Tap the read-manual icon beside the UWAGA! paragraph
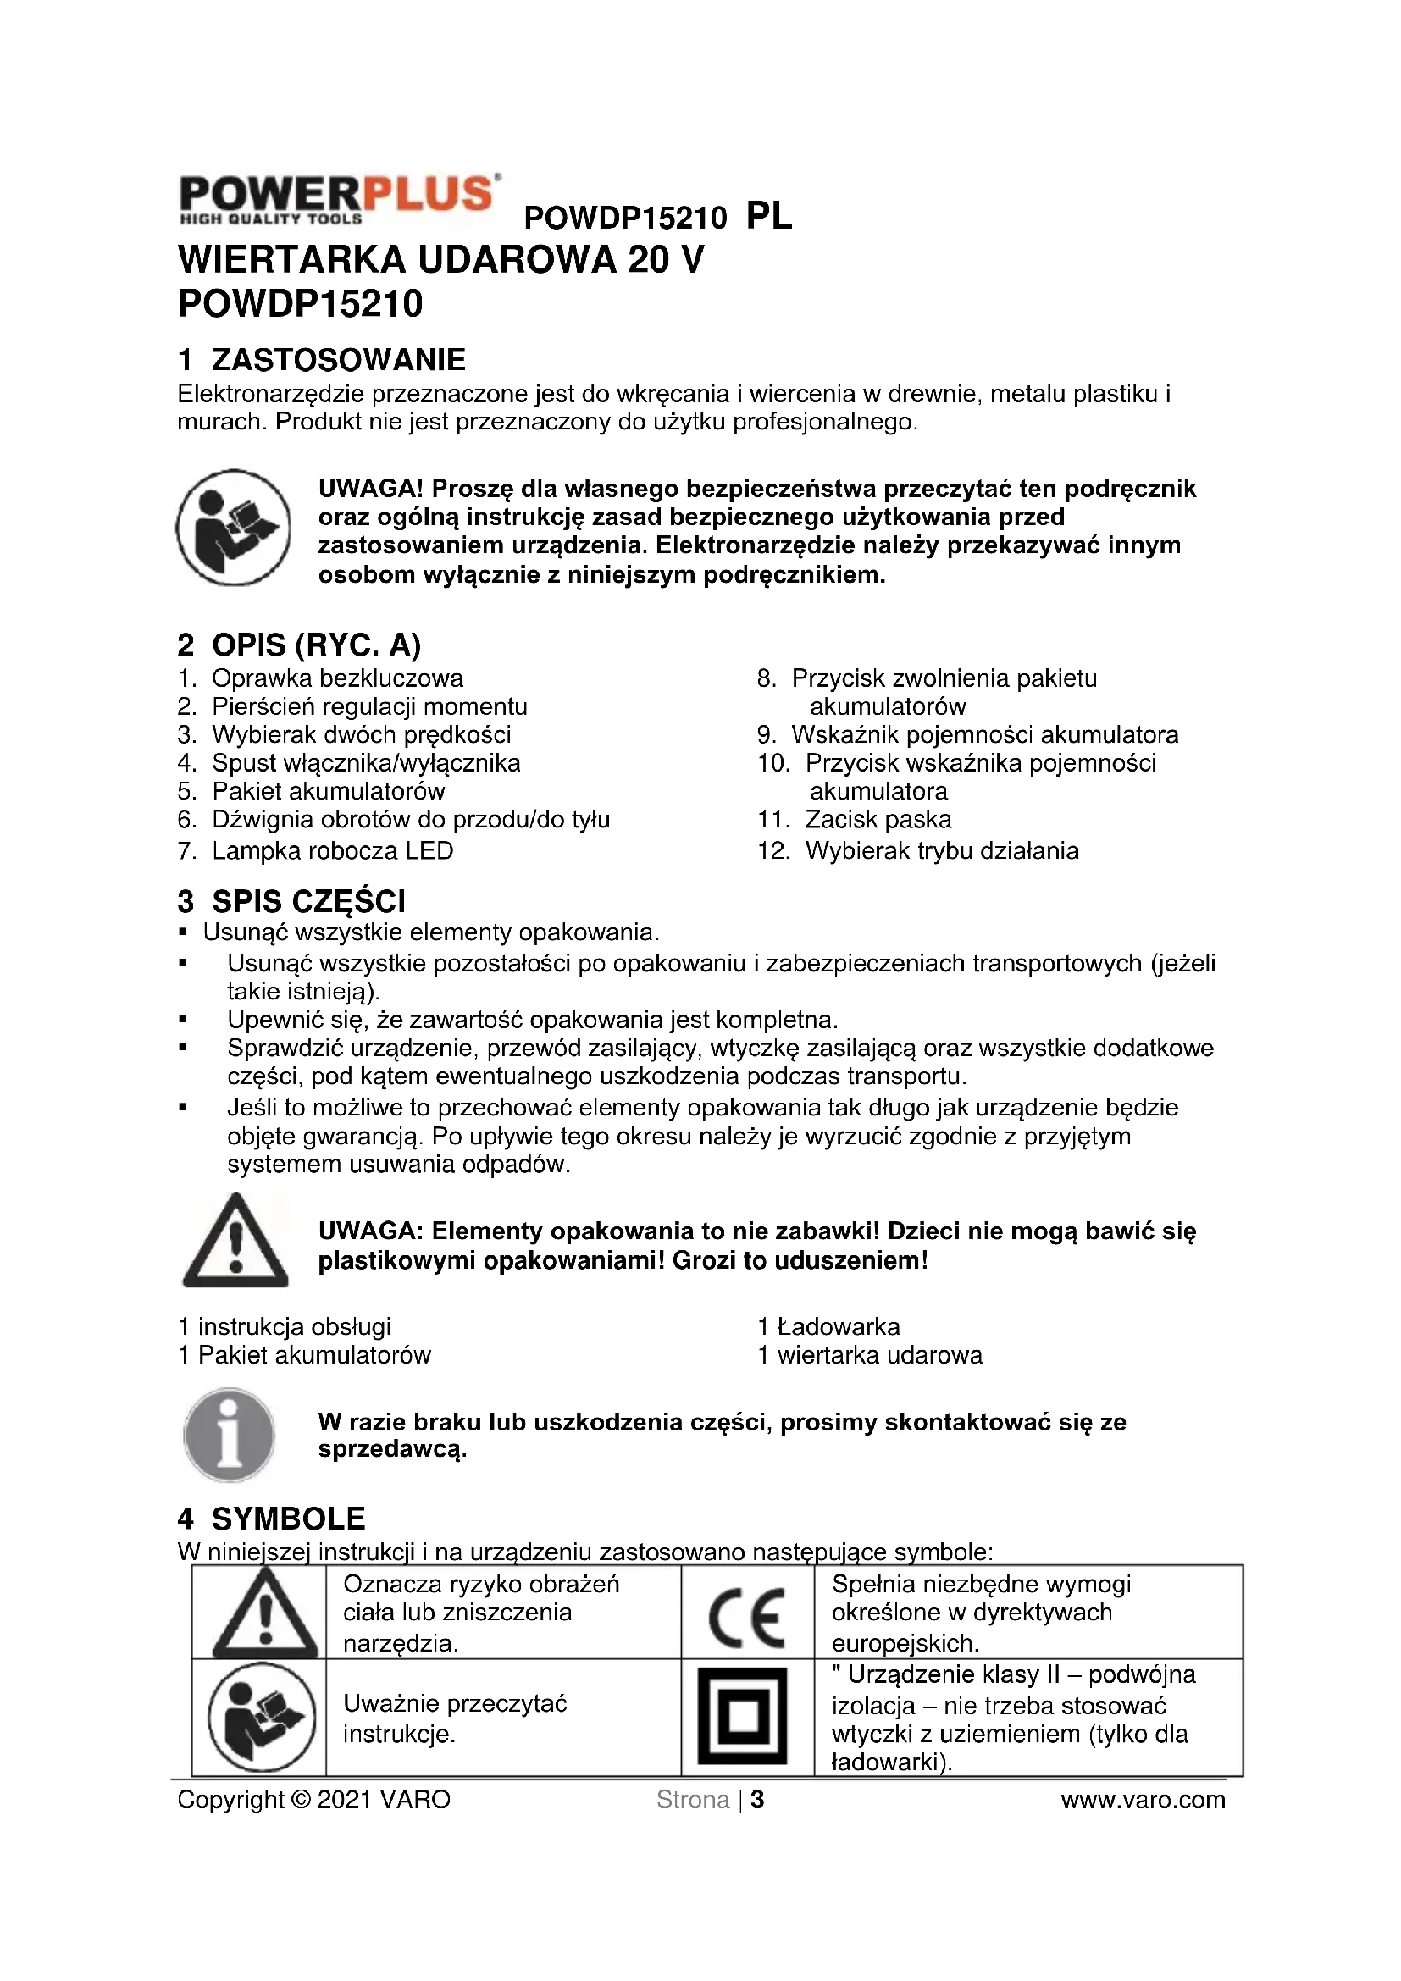pos(233,527)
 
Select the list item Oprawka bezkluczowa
pos(337,678)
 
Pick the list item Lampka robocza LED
pos(332,850)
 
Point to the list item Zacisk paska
pos(878,820)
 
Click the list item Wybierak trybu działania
pos(941,850)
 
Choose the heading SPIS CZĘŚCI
pos(308,902)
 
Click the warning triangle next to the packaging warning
pos(235,1242)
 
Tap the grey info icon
pos(230,1436)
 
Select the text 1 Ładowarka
pos(829,1327)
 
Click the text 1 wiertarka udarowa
pos(871,1355)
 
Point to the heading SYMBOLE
pos(288,1519)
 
